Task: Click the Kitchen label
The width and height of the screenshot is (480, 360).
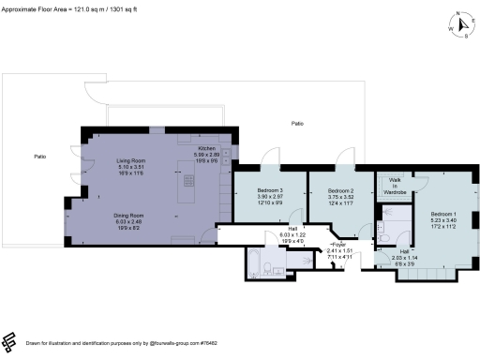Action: point(205,149)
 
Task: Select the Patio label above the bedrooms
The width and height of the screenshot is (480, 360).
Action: point(297,124)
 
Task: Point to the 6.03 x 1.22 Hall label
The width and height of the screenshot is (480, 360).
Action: point(293,234)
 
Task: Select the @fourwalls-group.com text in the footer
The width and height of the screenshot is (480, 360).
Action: point(177,344)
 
